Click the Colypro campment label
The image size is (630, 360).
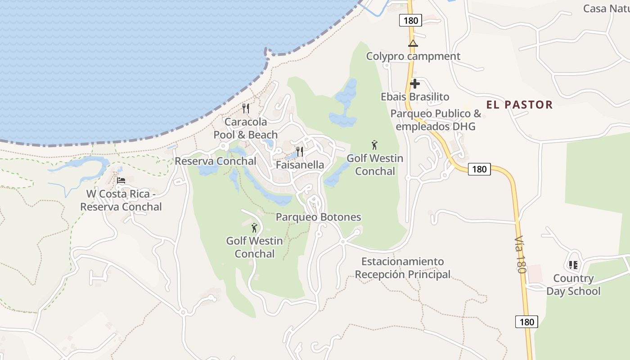pyautogui.click(x=413, y=56)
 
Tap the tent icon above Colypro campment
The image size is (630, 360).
pyautogui.click(x=413, y=44)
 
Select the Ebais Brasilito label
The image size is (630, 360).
pyautogui.click(x=415, y=97)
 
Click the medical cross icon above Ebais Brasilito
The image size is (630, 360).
pyautogui.click(x=414, y=84)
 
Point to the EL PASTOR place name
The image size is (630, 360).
pyautogui.click(x=519, y=105)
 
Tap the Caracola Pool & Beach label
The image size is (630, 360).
pyautogui.click(x=246, y=128)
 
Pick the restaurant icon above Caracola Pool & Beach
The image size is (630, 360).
pyautogui.click(x=246, y=108)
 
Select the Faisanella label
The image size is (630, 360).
pyautogui.click(x=300, y=165)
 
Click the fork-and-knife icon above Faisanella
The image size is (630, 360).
pyautogui.click(x=300, y=151)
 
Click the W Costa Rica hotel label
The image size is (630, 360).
pyautogui.click(x=121, y=200)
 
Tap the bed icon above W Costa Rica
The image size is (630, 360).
pyautogui.click(x=121, y=181)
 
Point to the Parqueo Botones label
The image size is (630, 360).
pyautogui.click(x=318, y=217)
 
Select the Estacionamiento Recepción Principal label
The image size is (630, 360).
pyautogui.click(x=403, y=268)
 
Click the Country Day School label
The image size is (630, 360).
pyautogui.click(x=573, y=284)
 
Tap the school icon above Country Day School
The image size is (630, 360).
pyautogui.click(x=573, y=265)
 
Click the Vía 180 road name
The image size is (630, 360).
pyautogui.click(x=520, y=253)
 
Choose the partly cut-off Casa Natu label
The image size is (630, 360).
pyautogui.click(x=606, y=9)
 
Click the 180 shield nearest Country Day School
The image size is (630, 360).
pyautogui.click(x=526, y=322)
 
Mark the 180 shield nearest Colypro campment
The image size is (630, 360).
pyautogui.click(x=410, y=20)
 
